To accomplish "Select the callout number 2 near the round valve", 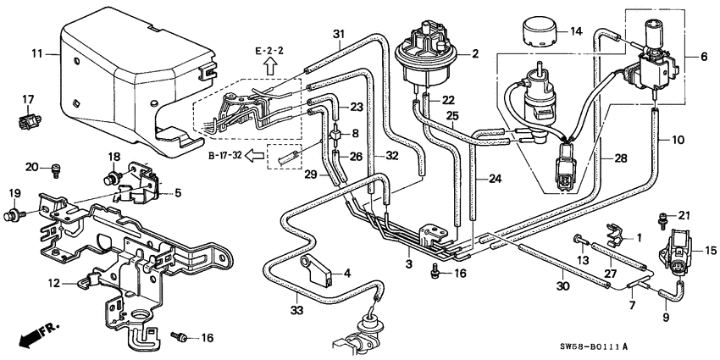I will pyautogui.click(x=474, y=54).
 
